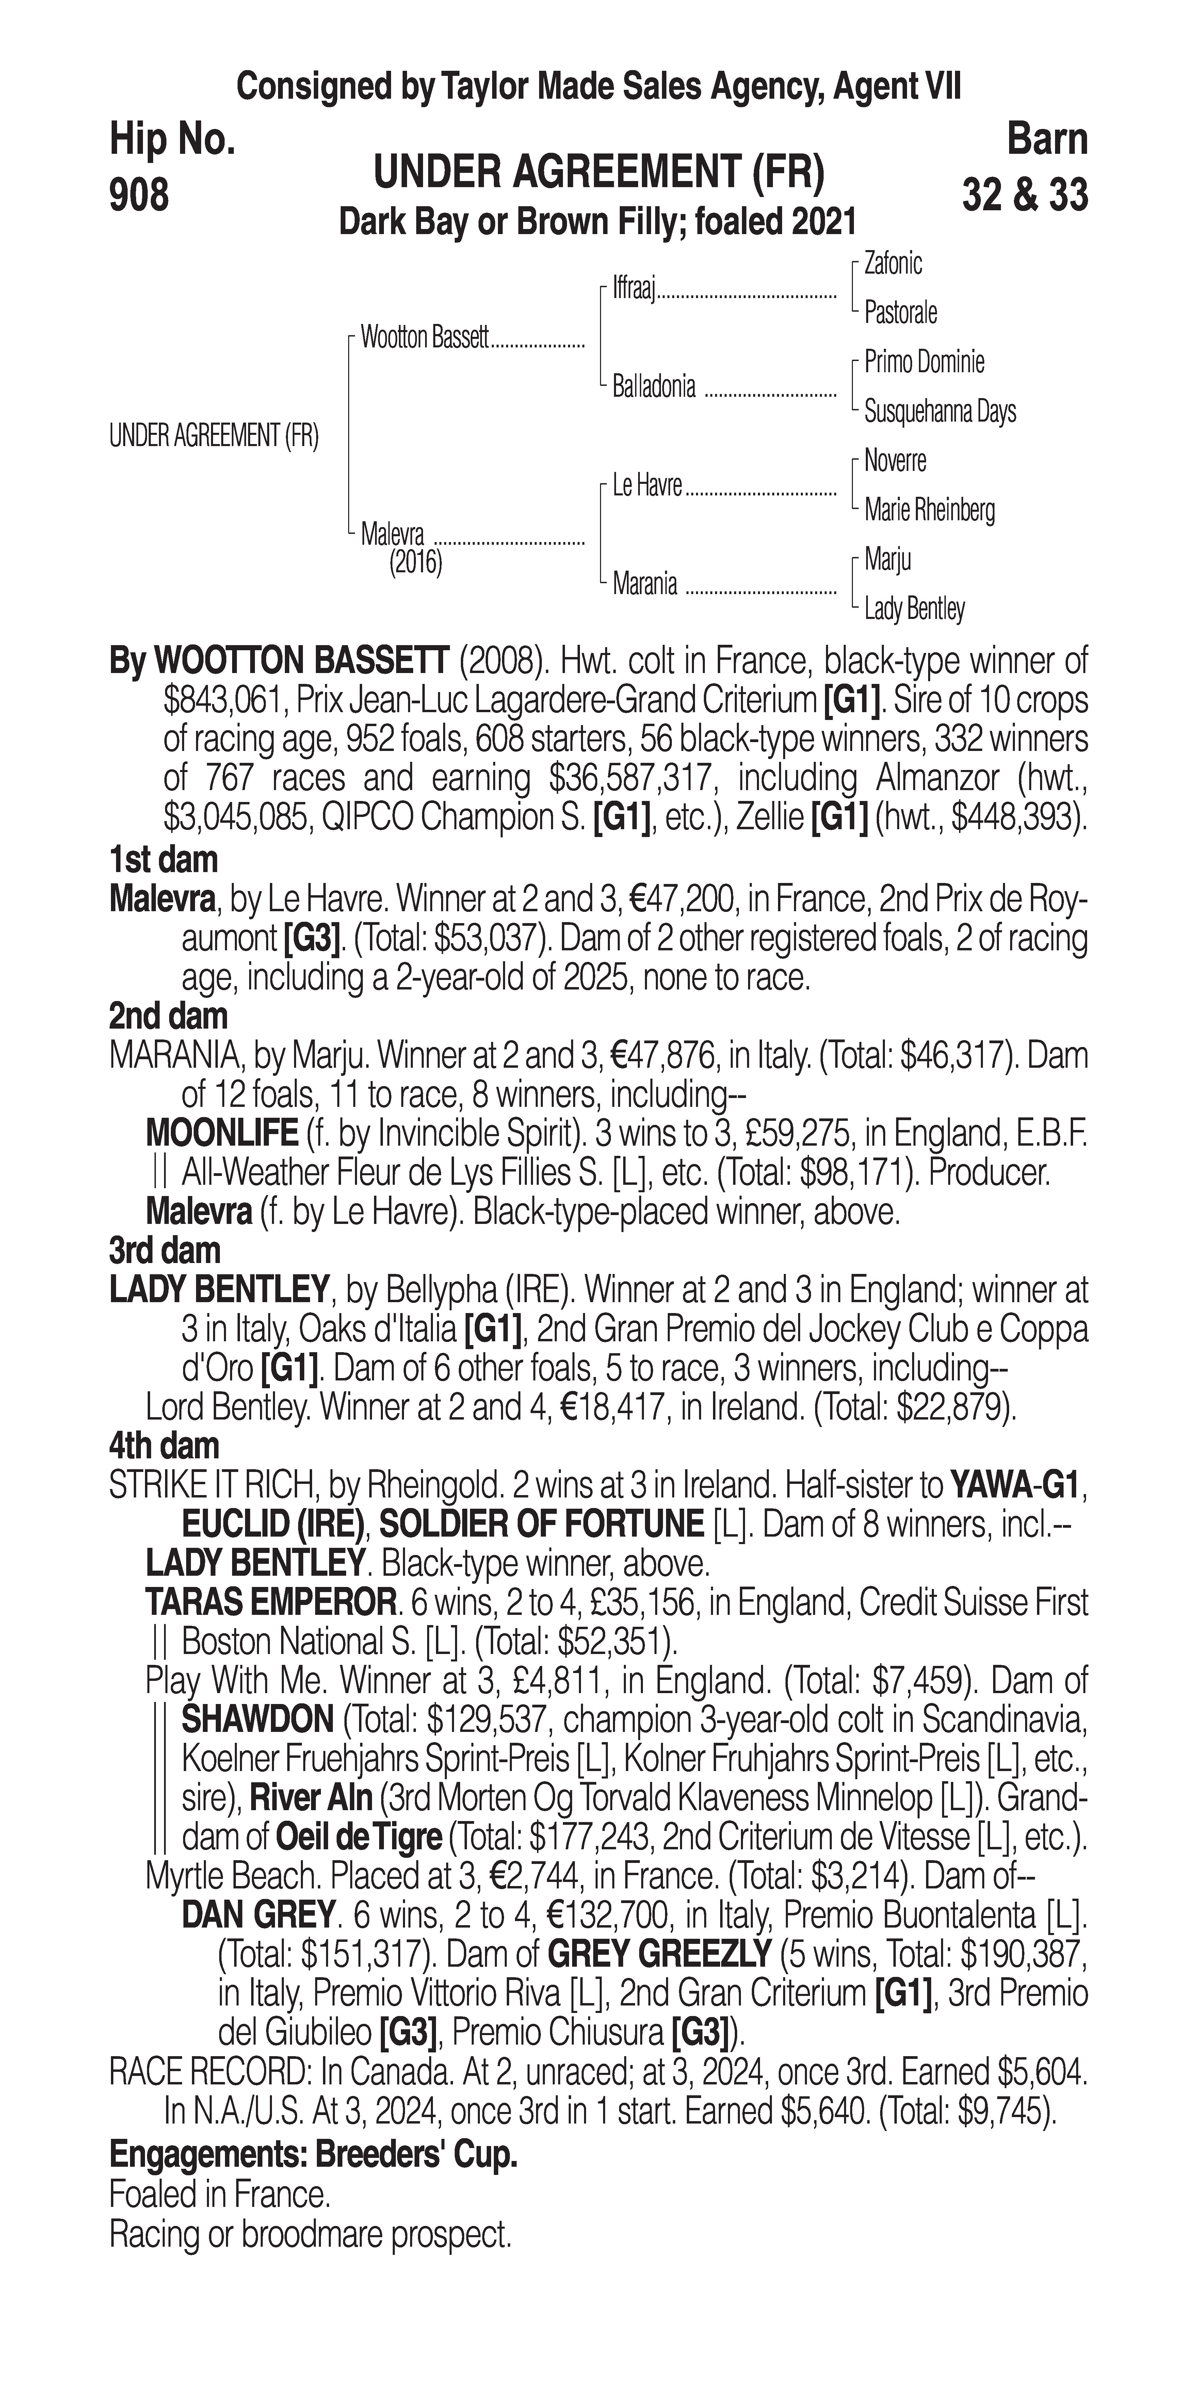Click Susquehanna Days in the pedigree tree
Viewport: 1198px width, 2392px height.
click(940, 411)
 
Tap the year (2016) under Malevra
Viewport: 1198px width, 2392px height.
click(415, 563)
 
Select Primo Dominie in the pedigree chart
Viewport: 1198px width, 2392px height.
click(924, 362)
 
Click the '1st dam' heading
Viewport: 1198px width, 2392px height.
click(163, 860)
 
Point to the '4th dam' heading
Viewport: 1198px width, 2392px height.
click(164, 1446)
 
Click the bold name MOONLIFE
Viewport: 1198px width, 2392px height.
click(221, 1134)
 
